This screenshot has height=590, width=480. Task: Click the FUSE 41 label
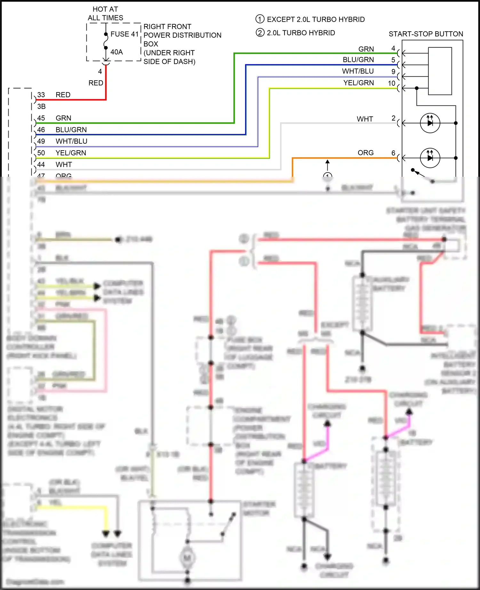point(124,34)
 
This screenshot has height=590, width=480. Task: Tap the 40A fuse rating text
point(116,52)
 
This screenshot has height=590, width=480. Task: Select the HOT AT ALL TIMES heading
point(105,14)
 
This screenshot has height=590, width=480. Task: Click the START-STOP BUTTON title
point(426,34)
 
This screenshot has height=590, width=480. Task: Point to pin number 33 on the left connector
point(41,95)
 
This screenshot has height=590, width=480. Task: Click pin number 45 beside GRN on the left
point(41,118)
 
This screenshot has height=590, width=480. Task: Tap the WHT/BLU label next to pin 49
point(71,141)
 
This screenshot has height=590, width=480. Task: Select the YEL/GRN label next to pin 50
point(71,153)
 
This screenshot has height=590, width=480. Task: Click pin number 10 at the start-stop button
point(392,83)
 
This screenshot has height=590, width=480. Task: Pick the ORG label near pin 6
point(365,153)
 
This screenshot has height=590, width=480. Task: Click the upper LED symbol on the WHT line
point(430,123)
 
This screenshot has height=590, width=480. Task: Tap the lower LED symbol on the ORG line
point(430,158)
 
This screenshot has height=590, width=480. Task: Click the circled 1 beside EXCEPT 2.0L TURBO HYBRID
point(260,19)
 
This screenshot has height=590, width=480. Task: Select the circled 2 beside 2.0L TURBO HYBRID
point(260,33)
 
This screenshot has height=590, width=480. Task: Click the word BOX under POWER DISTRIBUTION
point(151,44)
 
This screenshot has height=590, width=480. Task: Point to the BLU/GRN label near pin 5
point(358,60)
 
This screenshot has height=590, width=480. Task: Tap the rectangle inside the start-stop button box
point(440,71)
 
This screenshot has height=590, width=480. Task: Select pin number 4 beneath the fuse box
point(100,72)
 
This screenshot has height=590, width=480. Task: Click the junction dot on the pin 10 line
point(417,88)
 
